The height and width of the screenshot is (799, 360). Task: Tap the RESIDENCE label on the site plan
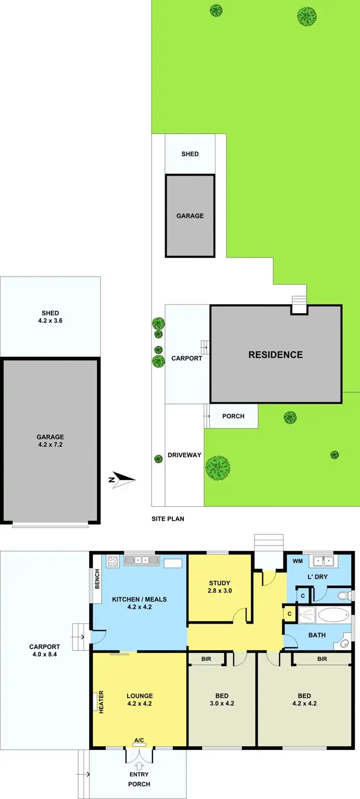pyautogui.click(x=276, y=355)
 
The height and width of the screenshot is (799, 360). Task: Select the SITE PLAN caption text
pyautogui.click(x=168, y=519)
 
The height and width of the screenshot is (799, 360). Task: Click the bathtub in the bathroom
pyautogui.click(x=333, y=615)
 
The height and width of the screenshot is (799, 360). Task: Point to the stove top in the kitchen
pyautogui.click(x=113, y=561)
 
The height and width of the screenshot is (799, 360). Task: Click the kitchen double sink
pyautogui.click(x=141, y=560)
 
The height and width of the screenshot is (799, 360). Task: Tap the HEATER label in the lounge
pyautogui.click(x=101, y=702)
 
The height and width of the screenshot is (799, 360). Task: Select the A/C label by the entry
pyautogui.click(x=139, y=740)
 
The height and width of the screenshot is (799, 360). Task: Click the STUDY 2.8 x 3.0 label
pyautogui.click(x=219, y=587)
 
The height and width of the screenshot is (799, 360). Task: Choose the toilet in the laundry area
pyautogui.click(x=344, y=596)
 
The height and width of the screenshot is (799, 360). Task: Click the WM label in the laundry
pyautogui.click(x=298, y=561)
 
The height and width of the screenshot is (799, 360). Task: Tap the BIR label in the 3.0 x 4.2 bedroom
pyautogui.click(x=206, y=659)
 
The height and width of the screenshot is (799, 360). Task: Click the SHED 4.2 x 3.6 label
pyautogui.click(x=50, y=316)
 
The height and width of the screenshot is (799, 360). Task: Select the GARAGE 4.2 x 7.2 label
pyautogui.click(x=50, y=440)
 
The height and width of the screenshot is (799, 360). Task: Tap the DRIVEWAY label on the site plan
pyautogui.click(x=184, y=455)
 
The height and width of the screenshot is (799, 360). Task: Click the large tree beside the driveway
pyautogui.click(x=217, y=468)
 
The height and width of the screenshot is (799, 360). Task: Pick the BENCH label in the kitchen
pyautogui.click(x=97, y=579)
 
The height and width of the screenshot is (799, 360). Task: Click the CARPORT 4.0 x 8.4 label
pyautogui.click(x=45, y=650)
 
